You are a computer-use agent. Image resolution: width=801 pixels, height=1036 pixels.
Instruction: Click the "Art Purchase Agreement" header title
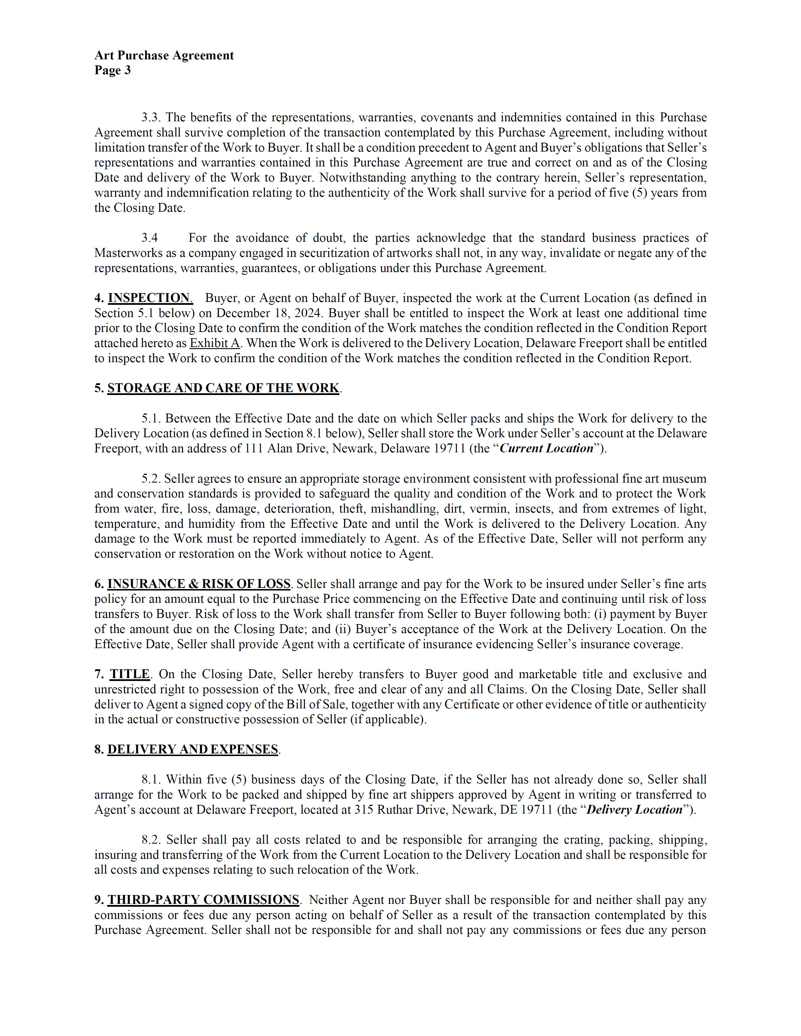pyautogui.click(x=164, y=55)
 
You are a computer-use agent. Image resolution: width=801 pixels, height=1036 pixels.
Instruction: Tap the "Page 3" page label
pyautogui.click(x=113, y=70)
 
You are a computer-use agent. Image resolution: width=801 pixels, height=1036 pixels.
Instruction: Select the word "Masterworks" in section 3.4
pyautogui.click(x=124, y=253)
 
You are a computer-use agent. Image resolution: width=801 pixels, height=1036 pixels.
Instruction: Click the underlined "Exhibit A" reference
pyautogui.click(x=215, y=343)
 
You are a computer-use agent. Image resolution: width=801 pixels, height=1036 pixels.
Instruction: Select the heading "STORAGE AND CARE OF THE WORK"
pyautogui.click(x=223, y=388)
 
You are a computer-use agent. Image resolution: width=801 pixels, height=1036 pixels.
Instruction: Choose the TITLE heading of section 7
pyautogui.click(x=130, y=674)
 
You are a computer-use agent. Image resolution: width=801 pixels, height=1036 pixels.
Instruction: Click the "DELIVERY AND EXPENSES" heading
pyautogui.click(x=192, y=749)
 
